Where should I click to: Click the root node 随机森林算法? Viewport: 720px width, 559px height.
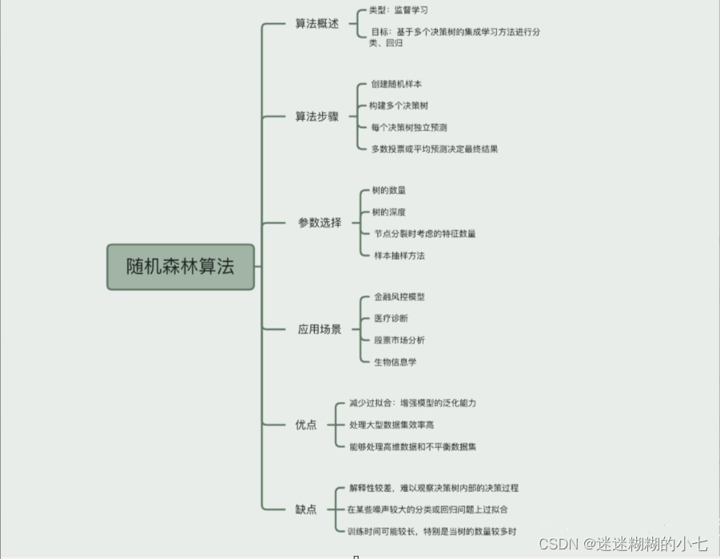coord(181,267)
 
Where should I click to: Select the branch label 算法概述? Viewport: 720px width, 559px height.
coord(317,24)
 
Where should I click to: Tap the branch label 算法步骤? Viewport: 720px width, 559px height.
coord(317,117)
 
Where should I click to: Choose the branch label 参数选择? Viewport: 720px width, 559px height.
coord(320,223)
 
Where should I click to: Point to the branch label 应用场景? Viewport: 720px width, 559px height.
coord(320,329)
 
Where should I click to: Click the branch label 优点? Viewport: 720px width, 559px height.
coord(306,425)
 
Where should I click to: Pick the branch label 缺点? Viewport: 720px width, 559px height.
coord(306,509)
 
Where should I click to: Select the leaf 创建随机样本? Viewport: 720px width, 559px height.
coord(396,84)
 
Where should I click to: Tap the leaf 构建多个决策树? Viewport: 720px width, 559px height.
coord(399,105)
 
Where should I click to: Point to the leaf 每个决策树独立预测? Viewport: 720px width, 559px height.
coord(409,127)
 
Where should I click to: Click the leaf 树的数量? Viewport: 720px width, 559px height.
coord(389,191)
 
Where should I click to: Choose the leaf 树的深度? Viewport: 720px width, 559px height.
coord(389,212)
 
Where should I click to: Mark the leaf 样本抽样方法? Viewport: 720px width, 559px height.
coord(400,256)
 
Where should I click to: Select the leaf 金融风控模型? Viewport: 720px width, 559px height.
coord(400,297)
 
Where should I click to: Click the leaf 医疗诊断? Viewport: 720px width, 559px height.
coord(391,319)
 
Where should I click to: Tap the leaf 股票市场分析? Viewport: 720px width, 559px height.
coord(400,340)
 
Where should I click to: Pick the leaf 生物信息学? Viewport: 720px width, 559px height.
coord(396,362)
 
